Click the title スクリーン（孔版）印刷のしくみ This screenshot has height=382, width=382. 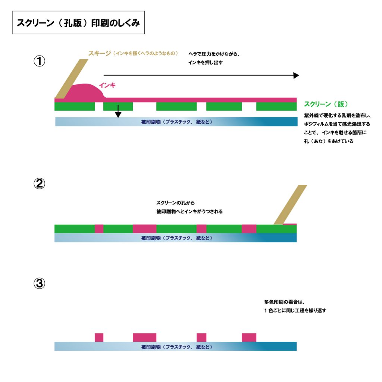click(78, 23)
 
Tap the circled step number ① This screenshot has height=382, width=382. click(40, 61)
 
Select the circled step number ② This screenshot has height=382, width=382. click(40, 184)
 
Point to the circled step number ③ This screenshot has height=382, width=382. click(40, 284)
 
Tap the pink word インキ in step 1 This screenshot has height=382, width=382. click(107, 85)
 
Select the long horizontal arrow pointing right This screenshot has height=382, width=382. click(201, 75)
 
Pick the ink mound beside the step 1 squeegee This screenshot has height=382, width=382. click(85, 92)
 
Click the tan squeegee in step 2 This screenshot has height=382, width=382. click(290, 205)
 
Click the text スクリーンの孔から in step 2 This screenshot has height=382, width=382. click(175, 203)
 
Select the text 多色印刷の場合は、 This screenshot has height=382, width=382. click(285, 302)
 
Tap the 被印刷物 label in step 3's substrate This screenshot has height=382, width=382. click(176, 347)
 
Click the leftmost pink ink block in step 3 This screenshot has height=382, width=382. click(99, 337)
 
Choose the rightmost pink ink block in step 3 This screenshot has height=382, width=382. click(249, 337)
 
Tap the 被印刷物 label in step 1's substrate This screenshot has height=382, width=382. click(176, 122)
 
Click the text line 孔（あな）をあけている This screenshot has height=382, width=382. click(328, 142)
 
